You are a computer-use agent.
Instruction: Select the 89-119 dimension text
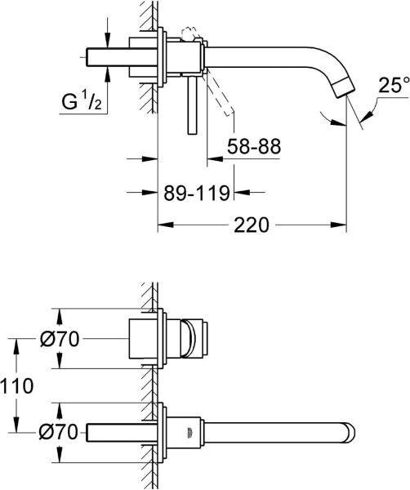195,193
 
